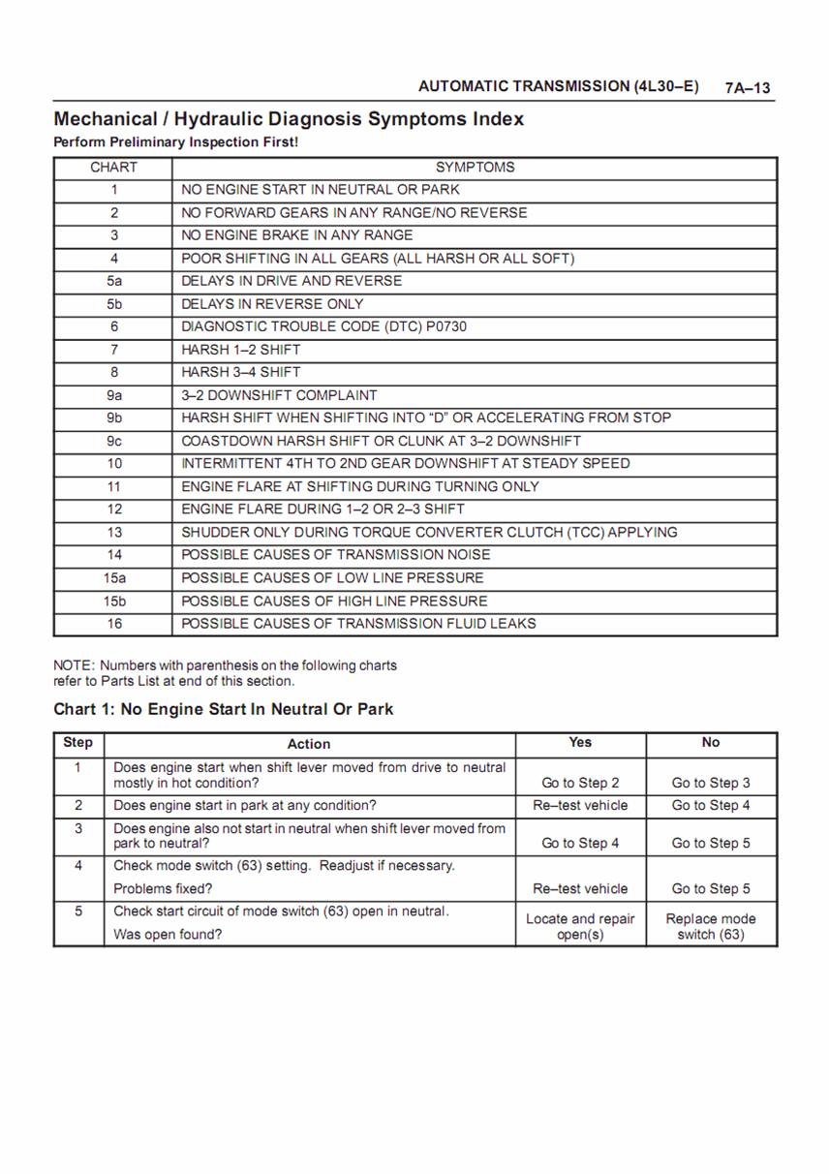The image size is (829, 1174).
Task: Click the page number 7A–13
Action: click(x=748, y=88)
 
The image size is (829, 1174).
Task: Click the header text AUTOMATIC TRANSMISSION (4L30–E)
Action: click(x=559, y=86)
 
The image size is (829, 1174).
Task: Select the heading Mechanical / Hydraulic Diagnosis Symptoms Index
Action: click(x=289, y=119)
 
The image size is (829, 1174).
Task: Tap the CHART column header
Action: click(x=113, y=168)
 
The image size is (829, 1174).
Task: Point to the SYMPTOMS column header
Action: click(x=475, y=168)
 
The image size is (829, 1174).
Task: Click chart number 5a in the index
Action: click(x=114, y=281)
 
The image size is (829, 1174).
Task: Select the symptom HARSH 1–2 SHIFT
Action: click(x=241, y=350)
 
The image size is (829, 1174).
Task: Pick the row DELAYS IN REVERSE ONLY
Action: click(x=272, y=304)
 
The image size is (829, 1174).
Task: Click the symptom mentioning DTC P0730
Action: click(x=323, y=326)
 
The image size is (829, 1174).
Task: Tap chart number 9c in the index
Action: click(x=114, y=441)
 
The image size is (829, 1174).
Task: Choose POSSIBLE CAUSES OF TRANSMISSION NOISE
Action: click(x=335, y=555)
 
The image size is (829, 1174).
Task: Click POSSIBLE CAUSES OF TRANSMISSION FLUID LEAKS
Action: click(x=358, y=624)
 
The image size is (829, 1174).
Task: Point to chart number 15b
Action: click(x=114, y=601)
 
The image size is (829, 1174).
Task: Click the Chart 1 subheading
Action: click(x=223, y=709)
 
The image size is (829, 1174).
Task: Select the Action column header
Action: click(x=309, y=744)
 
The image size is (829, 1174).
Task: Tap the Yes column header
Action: click(x=580, y=742)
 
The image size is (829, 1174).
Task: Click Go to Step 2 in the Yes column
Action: click(x=580, y=783)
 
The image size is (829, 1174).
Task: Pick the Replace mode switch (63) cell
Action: click(x=711, y=926)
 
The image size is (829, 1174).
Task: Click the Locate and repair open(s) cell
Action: click(x=580, y=926)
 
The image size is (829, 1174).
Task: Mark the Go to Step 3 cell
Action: click(x=711, y=783)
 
